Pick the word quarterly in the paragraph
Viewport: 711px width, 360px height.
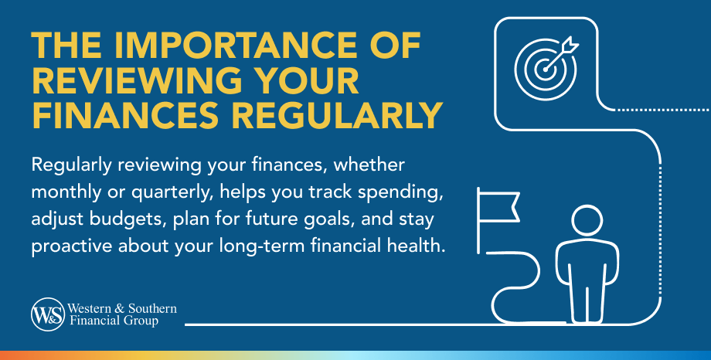coord(172,192)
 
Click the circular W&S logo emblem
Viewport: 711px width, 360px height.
coord(48,314)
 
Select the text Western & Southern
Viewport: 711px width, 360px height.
coord(122,309)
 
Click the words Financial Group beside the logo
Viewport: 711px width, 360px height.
coord(114,321)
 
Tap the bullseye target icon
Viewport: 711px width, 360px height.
coord(546,69)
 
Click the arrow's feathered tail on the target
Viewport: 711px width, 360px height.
coord(570,46)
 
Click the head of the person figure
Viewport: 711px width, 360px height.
coord(587,221)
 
